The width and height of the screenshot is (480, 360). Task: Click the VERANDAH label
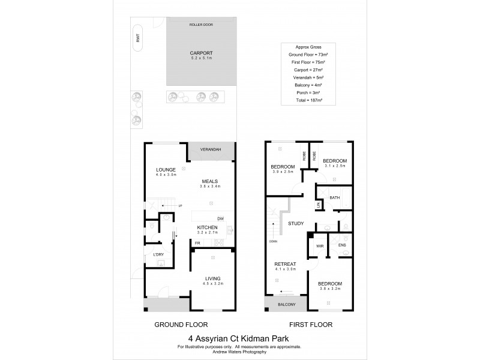[211, 149]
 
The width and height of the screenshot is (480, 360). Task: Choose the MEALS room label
[209, 181]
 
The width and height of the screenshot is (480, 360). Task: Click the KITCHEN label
[207, 227]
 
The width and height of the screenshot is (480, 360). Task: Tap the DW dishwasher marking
[220, 218]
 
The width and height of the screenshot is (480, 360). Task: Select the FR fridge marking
[197, 243]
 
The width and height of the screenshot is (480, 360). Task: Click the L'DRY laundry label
[158, 255]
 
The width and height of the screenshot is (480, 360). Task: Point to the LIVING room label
[212, 278]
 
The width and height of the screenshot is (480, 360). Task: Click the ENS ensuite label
[343, 246]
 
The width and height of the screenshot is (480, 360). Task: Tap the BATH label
[334, 197]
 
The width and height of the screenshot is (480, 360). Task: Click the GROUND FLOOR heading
[177, 325]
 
